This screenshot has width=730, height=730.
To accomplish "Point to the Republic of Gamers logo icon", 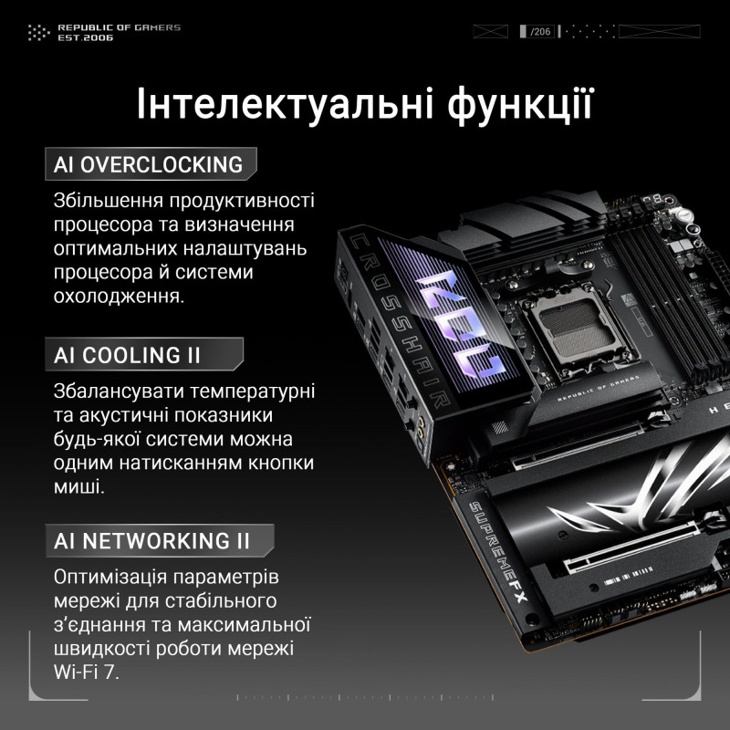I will pyautogui.click(x=37, y=33).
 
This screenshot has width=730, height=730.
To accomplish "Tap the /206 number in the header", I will pyautogui.click(x=540, y=32).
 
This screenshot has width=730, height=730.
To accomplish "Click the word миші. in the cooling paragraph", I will pyautogui.click(x=79, y=487).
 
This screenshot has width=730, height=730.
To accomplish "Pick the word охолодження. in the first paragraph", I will pyautogui.click(x=119, y=297).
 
